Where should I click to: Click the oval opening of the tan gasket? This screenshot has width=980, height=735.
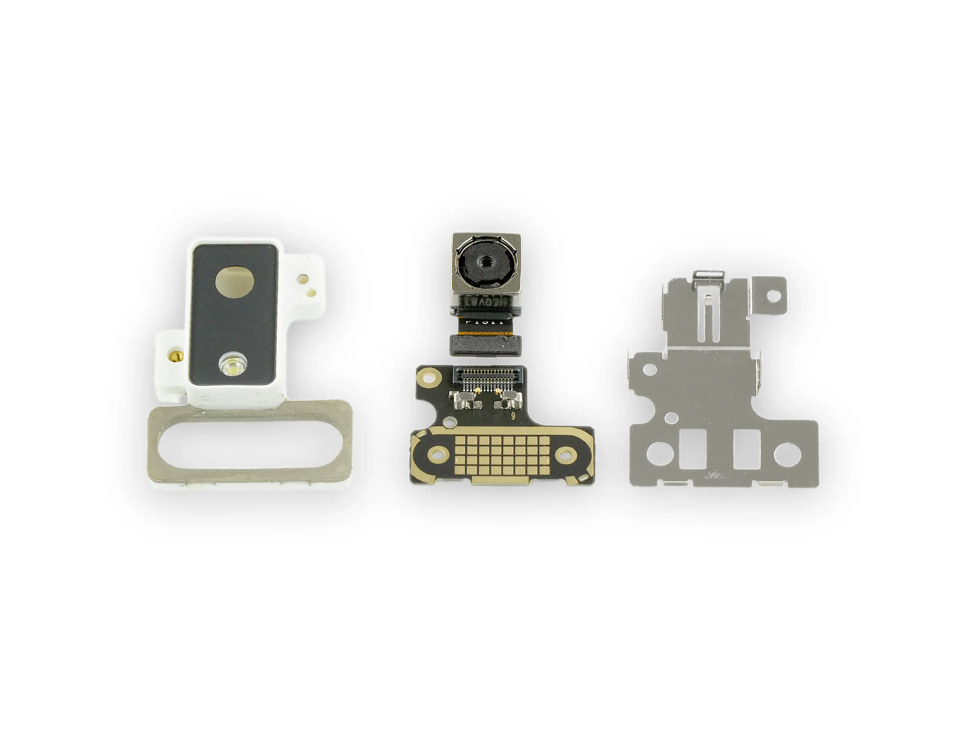pyautogui.click(x=250, y=444)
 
